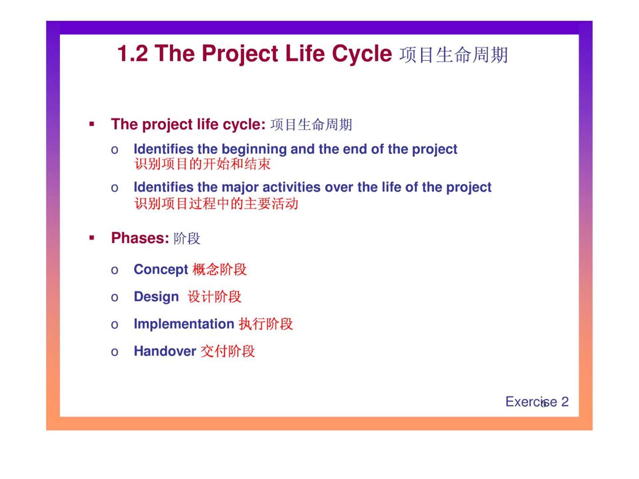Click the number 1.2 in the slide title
(x=132, y=54)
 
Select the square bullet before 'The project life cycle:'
(x=92, y=124)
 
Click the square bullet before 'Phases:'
(x=92, y=238)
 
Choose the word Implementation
(x=184, y=324)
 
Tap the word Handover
(x=165, y=351)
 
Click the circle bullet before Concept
(x=114, y=270)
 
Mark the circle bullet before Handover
(x=114, y=352)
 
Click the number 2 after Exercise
(x=565, y=402)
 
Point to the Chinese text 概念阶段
(x=219, y=270)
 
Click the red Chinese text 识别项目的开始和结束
(x=202, y=164)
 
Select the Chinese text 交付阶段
(x=228, y=351)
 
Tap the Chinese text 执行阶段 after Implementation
(x=266, y=324)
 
